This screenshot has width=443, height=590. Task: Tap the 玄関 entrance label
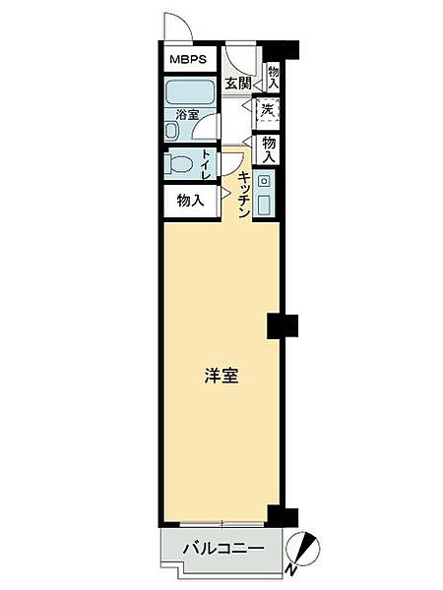click(x=236, y=84)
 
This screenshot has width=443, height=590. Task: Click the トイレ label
click(x=207, y=162)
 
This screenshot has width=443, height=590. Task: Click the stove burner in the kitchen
click(x=265, y=181)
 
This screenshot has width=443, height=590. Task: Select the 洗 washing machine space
click(x=269, y=110)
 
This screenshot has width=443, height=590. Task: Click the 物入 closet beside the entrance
click(x=273, y=78)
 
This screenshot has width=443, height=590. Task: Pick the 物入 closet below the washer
click(x=269, y=147)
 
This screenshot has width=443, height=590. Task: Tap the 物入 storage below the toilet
click(x=191, y=201)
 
